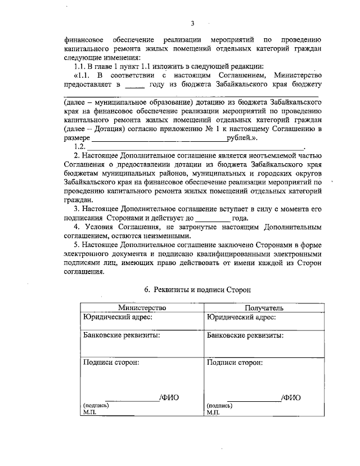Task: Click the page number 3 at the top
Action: pyautogui.click(x=192, y=23)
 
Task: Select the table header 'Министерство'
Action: pyautogui.click(x=142, y=308)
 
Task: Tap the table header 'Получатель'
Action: pyautogui.click(x=264, y=308)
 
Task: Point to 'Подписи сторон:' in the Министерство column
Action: pyautogui.click(x=111, y=362)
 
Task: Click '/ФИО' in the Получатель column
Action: pyautogui.click(x=291, y=397)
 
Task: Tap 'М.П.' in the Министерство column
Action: pyautogui.click(x=89, y=412)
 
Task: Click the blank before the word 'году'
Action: pyautogui.click(x=134, y=86)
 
